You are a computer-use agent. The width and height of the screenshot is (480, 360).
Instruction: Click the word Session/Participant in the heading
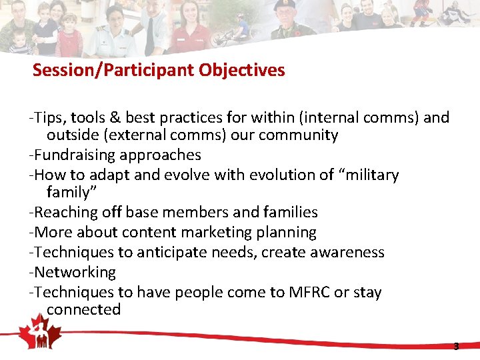pyautogui.click(x=113, y=70)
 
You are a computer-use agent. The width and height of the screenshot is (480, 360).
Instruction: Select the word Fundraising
pyautogui.click(x=75, y=155)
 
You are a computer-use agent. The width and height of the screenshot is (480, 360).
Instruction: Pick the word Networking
pyautogui.click(x=75, y=272)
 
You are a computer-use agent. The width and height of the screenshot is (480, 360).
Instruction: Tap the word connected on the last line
pyautogui.click(x=83, y=310)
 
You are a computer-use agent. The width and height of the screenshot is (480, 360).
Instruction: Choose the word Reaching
pyautogui.click(x=65, y=212)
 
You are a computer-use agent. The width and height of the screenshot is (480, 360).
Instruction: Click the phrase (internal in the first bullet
pyautogui.click(x=301, y=118)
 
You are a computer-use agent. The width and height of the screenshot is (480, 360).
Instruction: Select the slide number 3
pyautogui.click(x=456, y=347)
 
